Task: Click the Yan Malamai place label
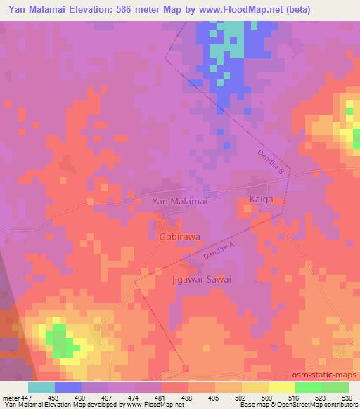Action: click(179, 201)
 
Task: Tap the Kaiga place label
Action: click(261, 200)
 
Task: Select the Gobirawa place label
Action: click(178, 238)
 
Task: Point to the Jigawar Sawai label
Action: click(202, 279)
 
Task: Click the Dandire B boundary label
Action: click(269, 162)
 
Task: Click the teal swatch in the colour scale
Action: click(41, 387)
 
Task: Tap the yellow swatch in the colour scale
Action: click(281, 387)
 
